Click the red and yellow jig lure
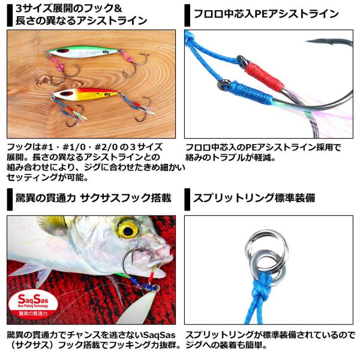pyautogui.click(x=85, y=94)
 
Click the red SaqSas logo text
pyautogui.click(x=33, y=299)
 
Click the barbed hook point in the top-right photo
pyautogui.click(x=322, y=41)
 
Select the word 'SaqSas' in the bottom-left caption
pyautogui.click(x=159, y=335)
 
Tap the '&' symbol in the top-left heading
pyautogui.click(x=118, y=9)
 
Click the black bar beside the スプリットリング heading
pyautogui.click(x=187, y=199)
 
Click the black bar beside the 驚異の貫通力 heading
pyautogui.click(x=10, y=199)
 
